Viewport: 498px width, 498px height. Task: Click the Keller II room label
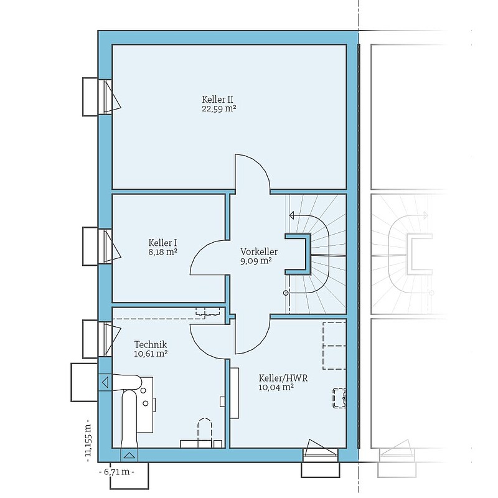coord(217,99)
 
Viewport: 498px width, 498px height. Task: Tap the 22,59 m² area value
coord(219,108)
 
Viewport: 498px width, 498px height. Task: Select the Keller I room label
coord(162,243)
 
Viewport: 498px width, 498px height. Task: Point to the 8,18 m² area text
coord(162,253)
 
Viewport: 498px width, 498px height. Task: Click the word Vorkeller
coord(259,251)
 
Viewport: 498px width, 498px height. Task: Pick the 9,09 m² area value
coord(256,261)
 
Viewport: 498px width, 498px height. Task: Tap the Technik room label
coord(151,344)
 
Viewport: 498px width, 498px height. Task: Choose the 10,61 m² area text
coord(151,354)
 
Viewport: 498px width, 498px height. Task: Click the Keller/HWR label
coord(283,378)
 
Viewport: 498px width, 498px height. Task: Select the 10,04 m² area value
coord(276,387)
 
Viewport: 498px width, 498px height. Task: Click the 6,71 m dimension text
coord(116,472)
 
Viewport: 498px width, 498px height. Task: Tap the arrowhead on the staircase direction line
coord(292,215)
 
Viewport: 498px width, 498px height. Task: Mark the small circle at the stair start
coord(286,293)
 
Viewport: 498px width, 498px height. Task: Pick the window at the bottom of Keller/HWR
coord(320,450)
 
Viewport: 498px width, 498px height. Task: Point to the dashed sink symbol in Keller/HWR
coord(339,398)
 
